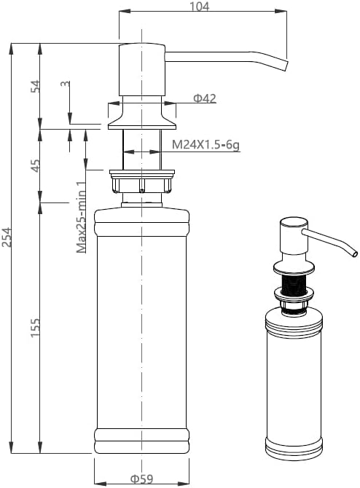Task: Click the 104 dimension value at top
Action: click(200, 6)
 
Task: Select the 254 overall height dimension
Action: click(7, 237)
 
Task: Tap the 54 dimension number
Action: click(35, 86)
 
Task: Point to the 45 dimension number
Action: click(35, 165)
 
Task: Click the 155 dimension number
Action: click(35, 328)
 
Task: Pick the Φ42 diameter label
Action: click(205, 98)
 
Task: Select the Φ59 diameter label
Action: click(141, 479)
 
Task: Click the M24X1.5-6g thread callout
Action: click(206, 145)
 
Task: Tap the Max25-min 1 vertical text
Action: click(81, 217)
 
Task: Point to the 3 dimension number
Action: click(65, 84)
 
